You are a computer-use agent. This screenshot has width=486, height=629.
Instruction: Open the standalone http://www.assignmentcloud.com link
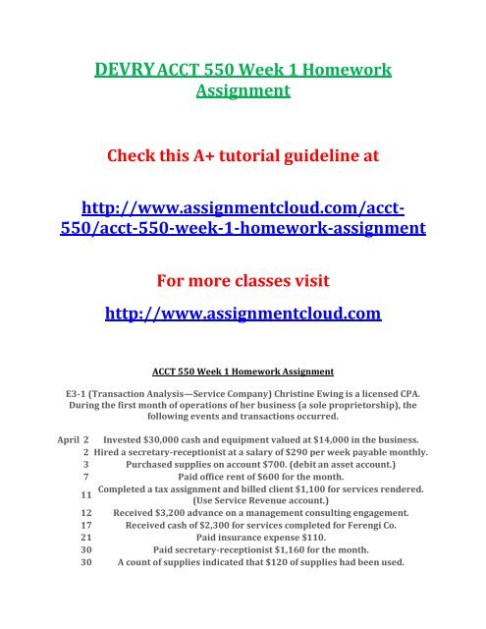243,315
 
